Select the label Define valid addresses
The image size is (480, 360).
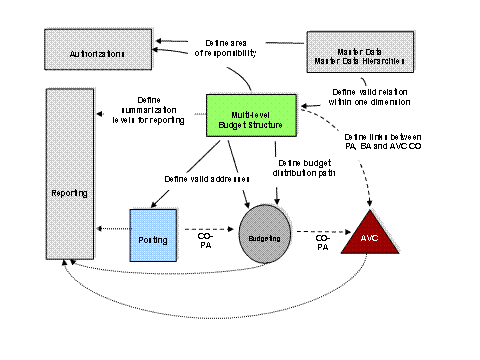203,179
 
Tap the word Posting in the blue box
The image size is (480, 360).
153,240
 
